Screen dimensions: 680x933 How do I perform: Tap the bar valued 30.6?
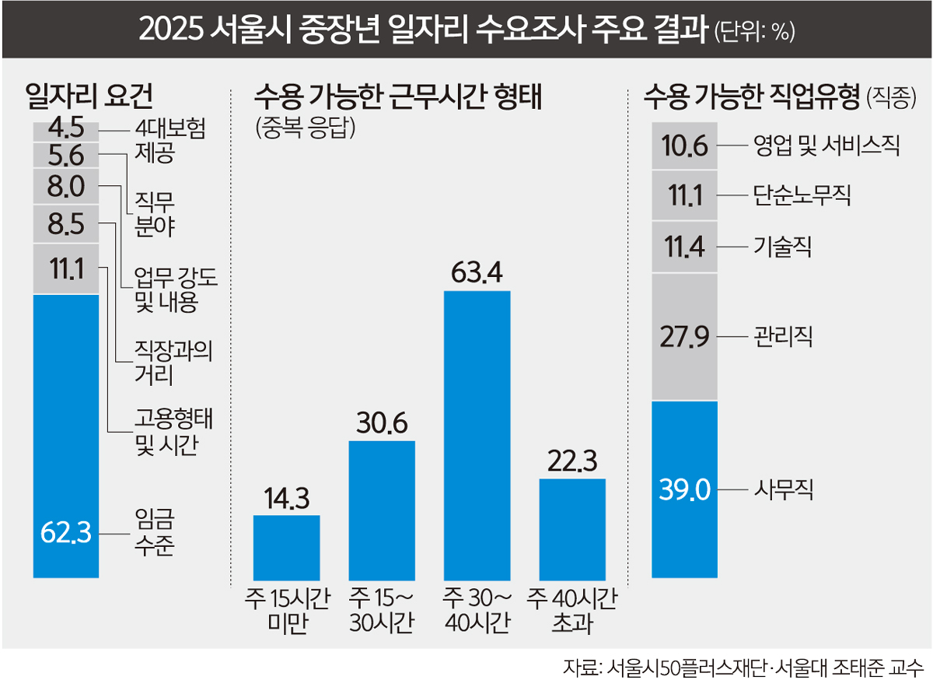click(382, 509)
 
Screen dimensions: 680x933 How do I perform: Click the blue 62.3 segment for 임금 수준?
click(66, 436)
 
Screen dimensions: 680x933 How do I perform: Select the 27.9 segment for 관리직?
click(685, 337)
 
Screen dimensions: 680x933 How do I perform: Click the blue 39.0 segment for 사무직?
click(685, 490)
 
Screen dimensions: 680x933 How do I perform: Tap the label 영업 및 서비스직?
click(825, 145)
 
